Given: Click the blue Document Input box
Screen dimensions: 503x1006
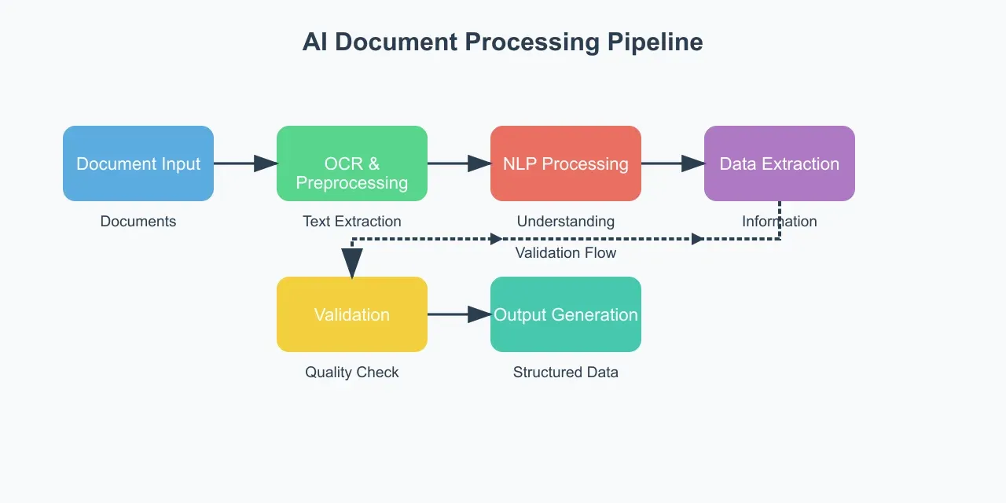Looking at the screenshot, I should pos(138,163).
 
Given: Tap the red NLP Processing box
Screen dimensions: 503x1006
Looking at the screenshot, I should pos(566,163).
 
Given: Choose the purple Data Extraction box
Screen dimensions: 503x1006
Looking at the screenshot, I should pos(780,163).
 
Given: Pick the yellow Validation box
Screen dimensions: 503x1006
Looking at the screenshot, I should pos(352,314).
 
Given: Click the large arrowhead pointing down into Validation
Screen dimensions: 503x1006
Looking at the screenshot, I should pos(352,263).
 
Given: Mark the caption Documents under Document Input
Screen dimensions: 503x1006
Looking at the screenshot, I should pos(138,222).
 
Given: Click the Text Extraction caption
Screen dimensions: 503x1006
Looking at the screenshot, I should pos(352,222).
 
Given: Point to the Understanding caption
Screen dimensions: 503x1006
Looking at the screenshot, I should pos(566,222).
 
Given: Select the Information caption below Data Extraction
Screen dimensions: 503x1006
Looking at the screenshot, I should pos(780,222).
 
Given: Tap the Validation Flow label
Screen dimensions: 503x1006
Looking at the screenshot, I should pos(566,253).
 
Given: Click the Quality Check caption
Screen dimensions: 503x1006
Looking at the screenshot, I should pos(352,373).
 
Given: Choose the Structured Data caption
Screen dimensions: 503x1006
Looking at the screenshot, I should pos(566,373).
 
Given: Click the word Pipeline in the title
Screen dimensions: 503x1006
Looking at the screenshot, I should pos(655,42).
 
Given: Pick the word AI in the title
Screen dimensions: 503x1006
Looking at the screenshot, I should pos(315,42).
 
